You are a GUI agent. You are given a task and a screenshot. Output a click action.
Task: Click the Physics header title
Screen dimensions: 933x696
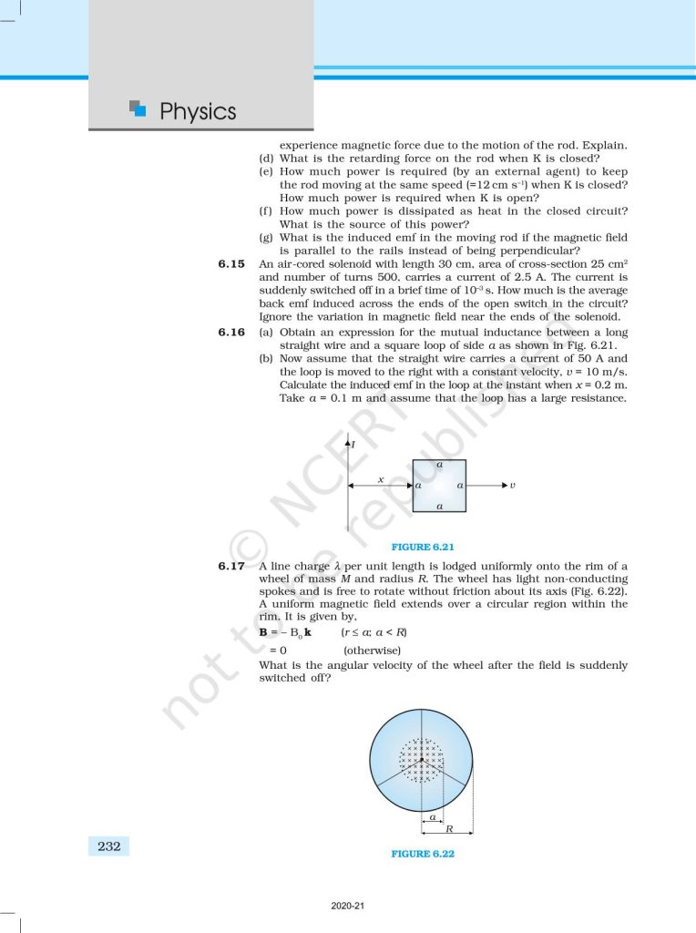198,112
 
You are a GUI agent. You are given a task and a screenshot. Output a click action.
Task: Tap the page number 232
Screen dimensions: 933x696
109,846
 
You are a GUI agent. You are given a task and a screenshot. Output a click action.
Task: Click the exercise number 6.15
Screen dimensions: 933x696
232,264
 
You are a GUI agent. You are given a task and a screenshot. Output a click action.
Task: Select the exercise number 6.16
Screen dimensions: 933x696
232,333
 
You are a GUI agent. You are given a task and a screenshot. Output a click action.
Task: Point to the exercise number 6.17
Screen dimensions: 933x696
232,566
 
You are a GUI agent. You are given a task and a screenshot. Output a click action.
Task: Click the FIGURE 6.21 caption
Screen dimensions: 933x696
422,547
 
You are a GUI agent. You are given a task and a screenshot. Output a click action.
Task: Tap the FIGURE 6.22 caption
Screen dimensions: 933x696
422,854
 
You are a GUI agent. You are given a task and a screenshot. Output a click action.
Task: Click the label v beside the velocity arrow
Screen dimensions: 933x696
513,486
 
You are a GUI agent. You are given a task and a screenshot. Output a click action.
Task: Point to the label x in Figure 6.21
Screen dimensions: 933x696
380,478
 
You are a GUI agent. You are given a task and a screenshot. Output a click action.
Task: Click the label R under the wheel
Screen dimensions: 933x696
450,827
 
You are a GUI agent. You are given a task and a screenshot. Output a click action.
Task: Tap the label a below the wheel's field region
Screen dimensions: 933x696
432,816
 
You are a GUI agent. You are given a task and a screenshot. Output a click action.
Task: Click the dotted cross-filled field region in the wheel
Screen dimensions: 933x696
421,759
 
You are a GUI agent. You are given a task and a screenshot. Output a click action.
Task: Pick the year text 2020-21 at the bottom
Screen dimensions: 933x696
348,907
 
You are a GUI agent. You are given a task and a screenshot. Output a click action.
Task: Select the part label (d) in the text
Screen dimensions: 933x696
266,159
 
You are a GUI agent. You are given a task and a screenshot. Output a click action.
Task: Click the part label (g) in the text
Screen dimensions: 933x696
266,238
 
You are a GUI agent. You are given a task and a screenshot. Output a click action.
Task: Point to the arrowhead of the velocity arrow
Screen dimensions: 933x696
501,486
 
